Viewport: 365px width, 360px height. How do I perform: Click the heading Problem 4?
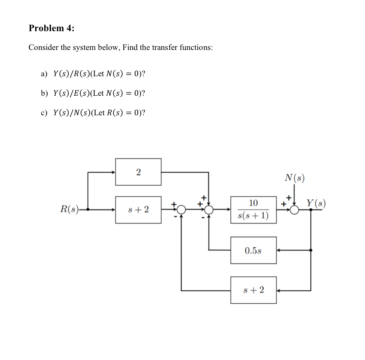[x=51, y=29]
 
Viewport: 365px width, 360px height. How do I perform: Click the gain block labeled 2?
[x=138, y=172]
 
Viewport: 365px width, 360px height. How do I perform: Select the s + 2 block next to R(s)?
[x=138, y=209]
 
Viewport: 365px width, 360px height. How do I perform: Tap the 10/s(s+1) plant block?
[x=253, y=209]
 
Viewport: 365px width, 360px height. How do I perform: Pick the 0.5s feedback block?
[x=253, y=250]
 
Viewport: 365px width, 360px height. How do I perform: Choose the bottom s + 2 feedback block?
[x=253, y=290]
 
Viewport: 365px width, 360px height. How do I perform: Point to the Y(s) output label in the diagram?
[x=315, y=203]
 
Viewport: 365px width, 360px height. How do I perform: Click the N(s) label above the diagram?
[x=294, y=178]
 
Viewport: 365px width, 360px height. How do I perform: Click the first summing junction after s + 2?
[x=181, y=209]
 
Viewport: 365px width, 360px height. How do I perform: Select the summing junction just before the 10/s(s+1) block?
[x=209, y=209]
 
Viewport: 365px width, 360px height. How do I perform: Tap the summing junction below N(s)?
[x=294, y=209]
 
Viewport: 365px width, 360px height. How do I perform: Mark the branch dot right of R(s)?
[x=87, y=209]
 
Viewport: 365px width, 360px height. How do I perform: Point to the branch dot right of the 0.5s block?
[x=311, y=250]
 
